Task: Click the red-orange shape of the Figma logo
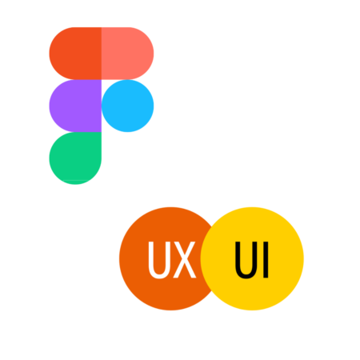pos(75,54)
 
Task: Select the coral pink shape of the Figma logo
pos(127,54)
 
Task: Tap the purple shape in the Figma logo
pos(75,106)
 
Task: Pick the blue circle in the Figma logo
pos(128,106)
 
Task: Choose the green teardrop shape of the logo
pos(75,158)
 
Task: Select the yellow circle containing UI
pos(252,258)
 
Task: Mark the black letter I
pos(266,260)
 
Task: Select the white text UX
pos(172,260)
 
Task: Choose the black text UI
pos(251,260)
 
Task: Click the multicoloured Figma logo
pos(102,106)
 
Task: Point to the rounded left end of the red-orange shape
pos(51,54)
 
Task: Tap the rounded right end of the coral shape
pos(152,54)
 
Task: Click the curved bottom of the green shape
pos(75,182)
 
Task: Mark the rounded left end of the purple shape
pos(51,106)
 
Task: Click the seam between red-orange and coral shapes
pos(102,54)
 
